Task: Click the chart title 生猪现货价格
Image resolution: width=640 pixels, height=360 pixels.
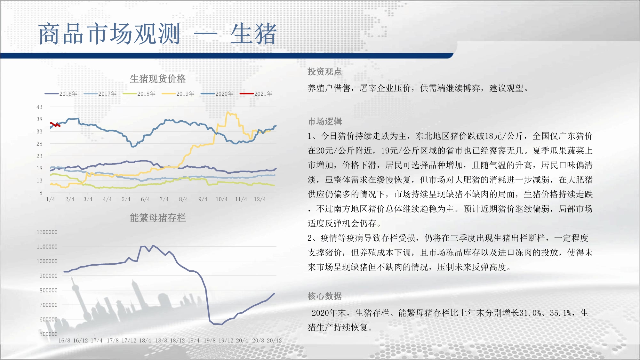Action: pos(158,79)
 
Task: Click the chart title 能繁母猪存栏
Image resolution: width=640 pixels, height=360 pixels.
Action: pos(158,218)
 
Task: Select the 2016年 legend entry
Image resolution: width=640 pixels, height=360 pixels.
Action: pos(61,94)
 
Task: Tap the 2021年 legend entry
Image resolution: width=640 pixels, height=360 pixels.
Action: pos(256,94)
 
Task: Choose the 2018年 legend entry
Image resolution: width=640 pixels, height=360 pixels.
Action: pos(139,94)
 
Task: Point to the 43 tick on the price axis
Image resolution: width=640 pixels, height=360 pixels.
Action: pos(39,107)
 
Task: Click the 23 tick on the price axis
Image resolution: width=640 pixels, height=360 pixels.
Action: pos(39,156)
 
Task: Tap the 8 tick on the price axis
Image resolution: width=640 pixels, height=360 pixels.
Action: pos(41,193)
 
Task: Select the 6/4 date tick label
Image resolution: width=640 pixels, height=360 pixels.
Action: pos(145,199)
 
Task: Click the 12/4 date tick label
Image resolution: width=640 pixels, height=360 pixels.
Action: pos(260,199)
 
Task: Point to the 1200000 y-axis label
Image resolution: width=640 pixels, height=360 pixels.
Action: pos(47,232)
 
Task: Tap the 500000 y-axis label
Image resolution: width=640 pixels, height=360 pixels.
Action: pos(48,334)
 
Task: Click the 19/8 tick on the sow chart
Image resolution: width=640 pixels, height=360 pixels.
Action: pos(210,340)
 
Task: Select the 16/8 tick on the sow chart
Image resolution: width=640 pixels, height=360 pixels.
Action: pos(64,340)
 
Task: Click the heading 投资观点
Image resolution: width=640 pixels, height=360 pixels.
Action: pos(325,72)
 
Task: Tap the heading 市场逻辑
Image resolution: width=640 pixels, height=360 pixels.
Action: pos(325,122)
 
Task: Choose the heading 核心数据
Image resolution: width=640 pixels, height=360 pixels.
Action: pos(325,296)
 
